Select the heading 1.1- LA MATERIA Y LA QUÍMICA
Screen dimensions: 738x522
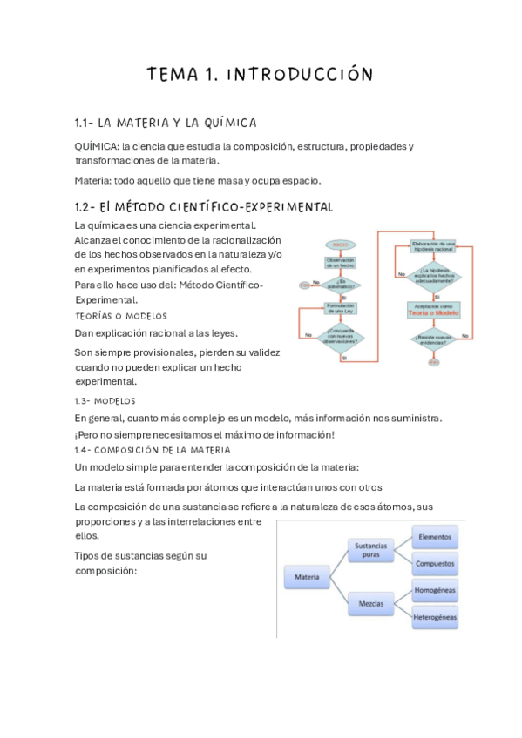click(x=166, y=123)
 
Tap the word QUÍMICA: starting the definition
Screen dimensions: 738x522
click(x=97, y=146)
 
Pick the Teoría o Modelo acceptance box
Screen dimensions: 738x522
click(x=433, y=309)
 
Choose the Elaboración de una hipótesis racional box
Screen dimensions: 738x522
click(x=433, y=245)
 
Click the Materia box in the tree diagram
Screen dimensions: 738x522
click(x=308, y=575)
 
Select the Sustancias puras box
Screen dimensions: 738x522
click(x=370, y=550)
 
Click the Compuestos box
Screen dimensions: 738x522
click(x=433, y=563)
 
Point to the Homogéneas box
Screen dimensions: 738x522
click(x=433, y=589)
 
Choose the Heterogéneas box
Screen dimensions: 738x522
click(x=433, y=616)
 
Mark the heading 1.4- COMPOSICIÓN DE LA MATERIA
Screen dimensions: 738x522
click(x=153, y=450)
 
